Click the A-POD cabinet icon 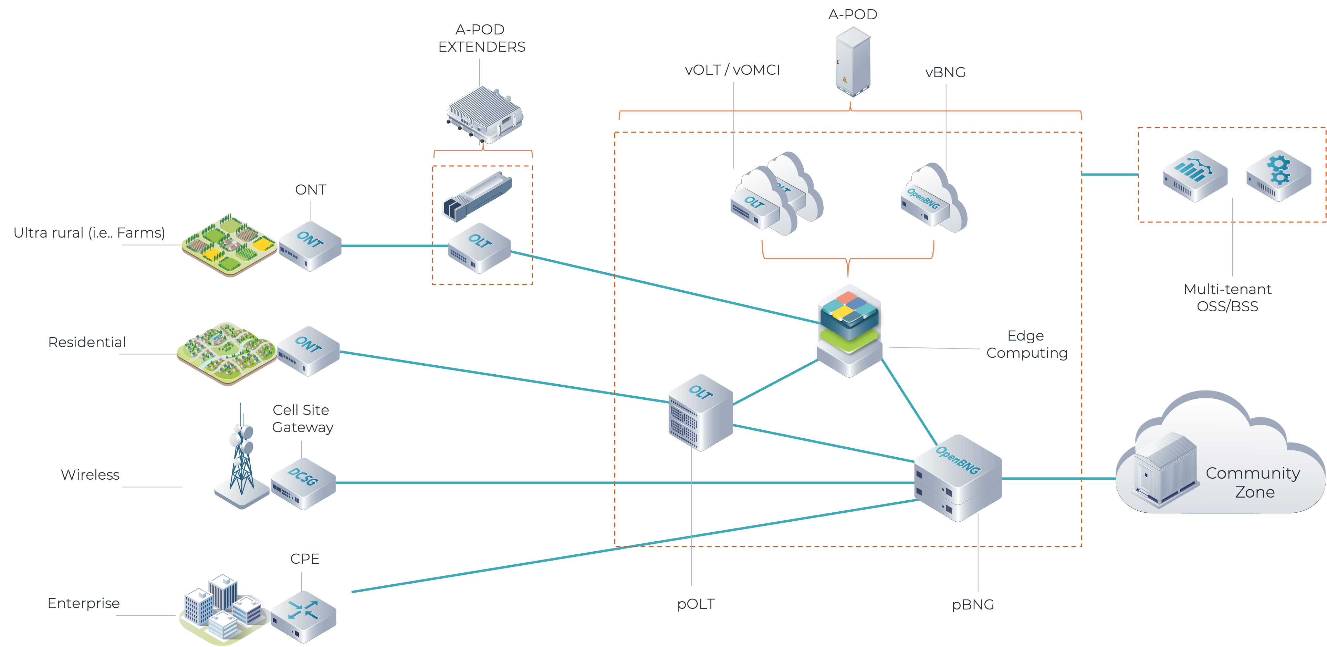point(853,62)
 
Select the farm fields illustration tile point(229,246)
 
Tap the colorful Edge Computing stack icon point(849,330)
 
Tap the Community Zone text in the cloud point(1253,482)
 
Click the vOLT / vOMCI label point(732,70)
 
